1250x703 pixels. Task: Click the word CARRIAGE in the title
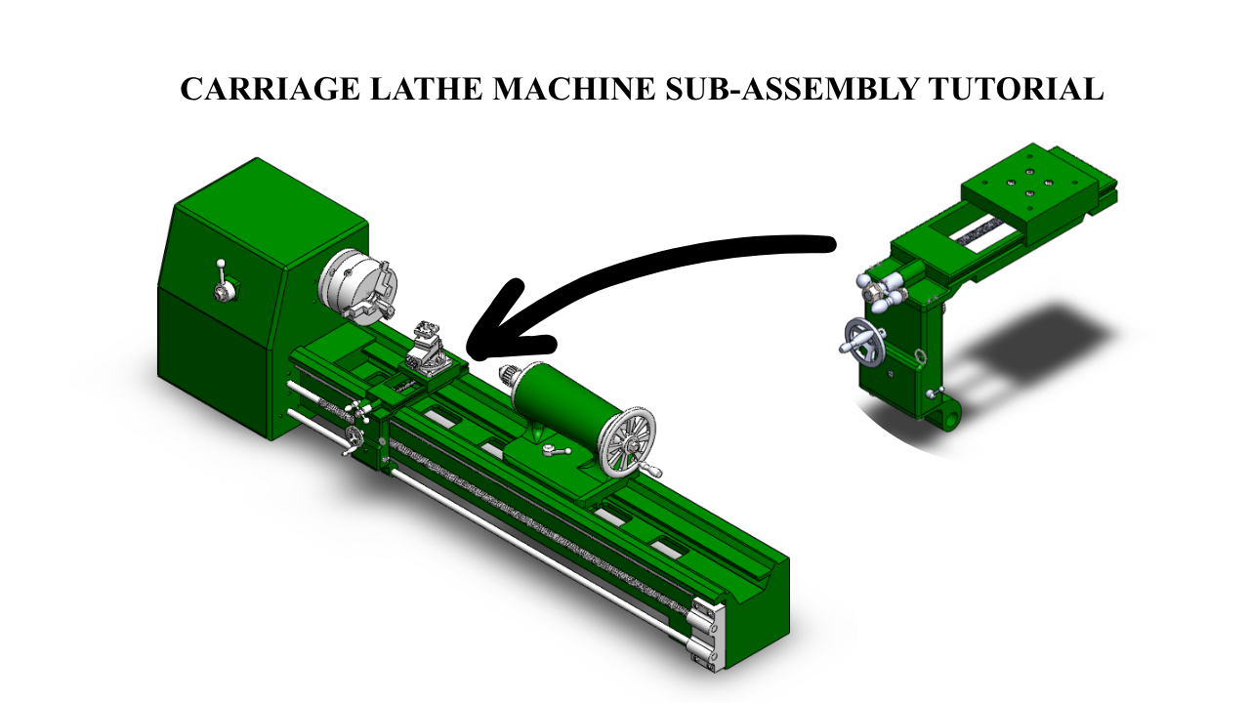271,89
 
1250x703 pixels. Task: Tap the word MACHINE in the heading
573,89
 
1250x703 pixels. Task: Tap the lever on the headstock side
224,283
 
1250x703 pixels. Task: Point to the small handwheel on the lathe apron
354,437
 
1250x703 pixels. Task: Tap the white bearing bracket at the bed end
708,635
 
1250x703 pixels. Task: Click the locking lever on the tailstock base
556,449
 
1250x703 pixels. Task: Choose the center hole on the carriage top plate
1028,193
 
